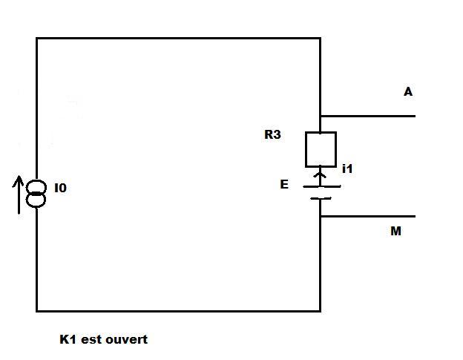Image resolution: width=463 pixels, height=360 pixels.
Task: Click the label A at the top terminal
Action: (408, 92)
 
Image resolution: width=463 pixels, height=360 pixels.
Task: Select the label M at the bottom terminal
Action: (395, 232)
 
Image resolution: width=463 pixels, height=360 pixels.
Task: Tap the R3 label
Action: (272, 136)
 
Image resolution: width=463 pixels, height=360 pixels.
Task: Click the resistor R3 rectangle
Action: (321, 149)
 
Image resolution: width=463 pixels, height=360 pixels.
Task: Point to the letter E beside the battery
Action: (284, 185)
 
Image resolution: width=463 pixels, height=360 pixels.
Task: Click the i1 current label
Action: (347, 169)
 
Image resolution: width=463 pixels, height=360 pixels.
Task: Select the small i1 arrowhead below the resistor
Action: (321, 174)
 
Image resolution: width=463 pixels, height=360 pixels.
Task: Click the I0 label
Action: (61, 189)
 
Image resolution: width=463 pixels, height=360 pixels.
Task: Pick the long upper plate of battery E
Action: (321, 186)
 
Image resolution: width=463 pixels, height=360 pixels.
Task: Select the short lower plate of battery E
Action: (321, 198)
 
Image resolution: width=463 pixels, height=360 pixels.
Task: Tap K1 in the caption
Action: (69, 339)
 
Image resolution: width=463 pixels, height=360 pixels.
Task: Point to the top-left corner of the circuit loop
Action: (37, 39)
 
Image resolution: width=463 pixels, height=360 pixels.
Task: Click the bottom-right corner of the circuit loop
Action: (321, 310)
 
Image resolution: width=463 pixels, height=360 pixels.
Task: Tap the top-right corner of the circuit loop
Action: (321, 39)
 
